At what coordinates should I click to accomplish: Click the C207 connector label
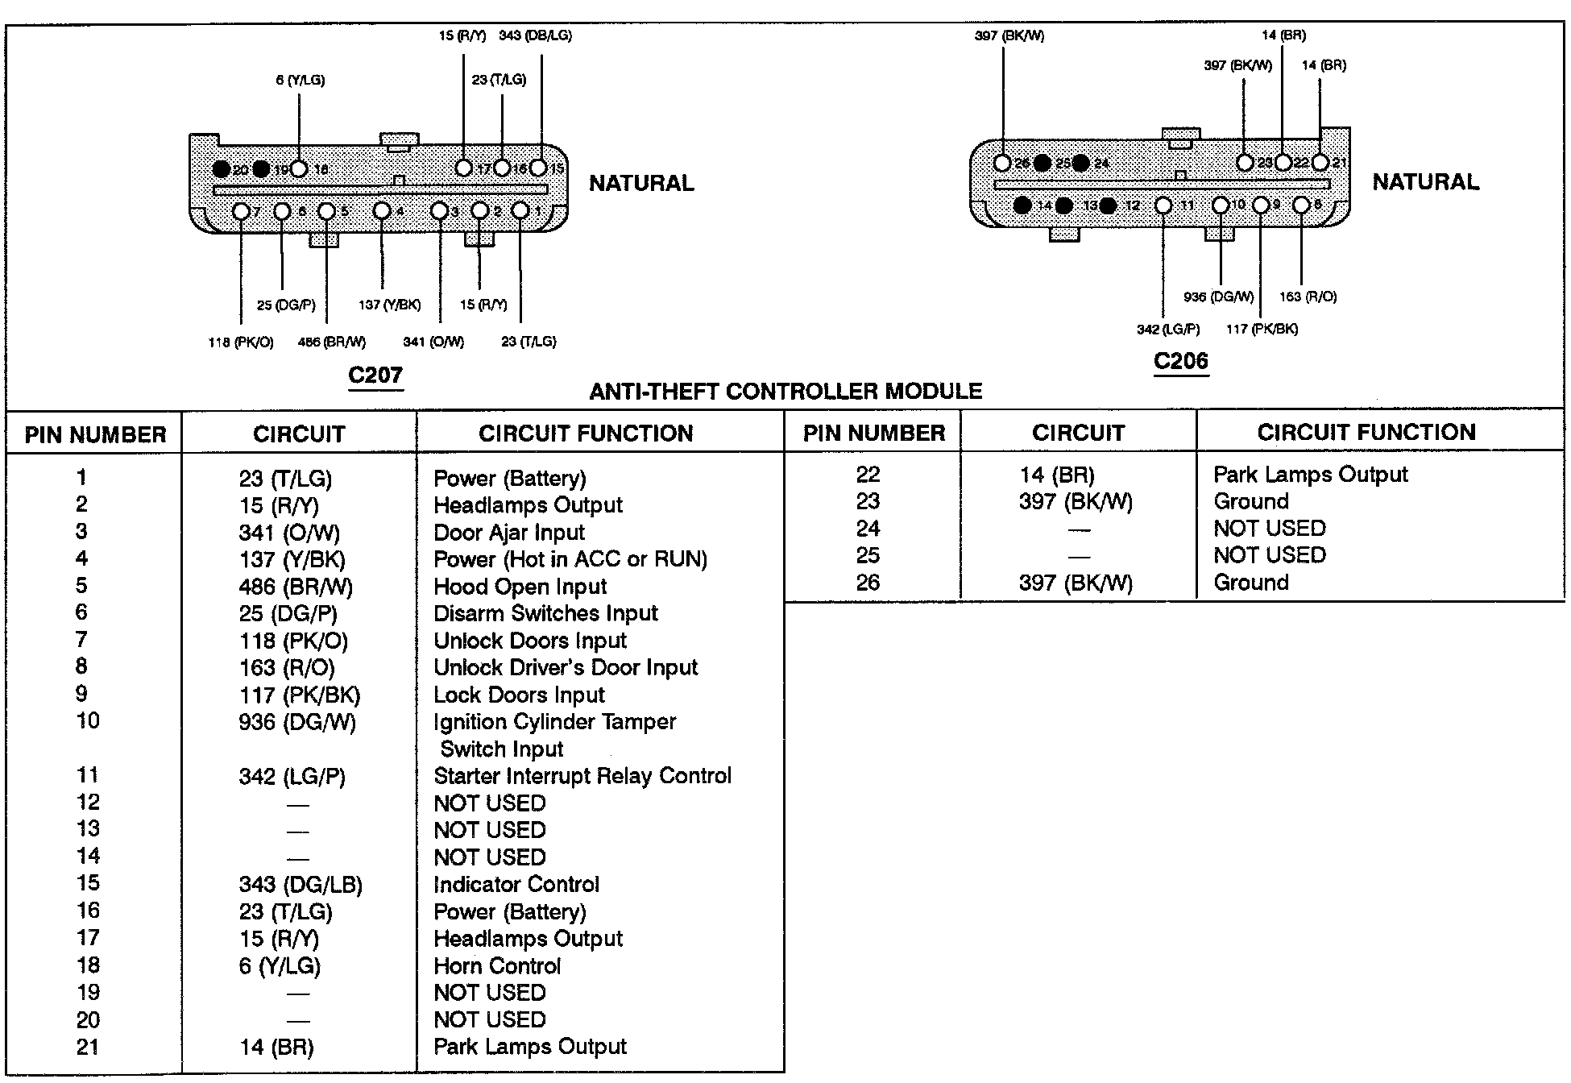click(375, 375)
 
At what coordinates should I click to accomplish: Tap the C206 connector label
click(1180, 360)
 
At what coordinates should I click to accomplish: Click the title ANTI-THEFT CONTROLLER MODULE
click(785, 392)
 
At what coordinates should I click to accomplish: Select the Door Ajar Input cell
click(508, 533)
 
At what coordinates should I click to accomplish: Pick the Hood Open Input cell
click(520, 587)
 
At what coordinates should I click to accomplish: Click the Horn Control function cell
click(496, 966)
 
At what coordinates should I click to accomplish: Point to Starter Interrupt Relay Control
click(582, 776)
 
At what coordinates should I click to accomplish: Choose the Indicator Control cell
click(516, 885)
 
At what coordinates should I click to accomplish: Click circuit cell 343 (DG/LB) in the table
click(300, 885)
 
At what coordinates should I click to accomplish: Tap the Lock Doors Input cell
click(519, 695)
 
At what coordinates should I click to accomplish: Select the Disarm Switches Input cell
click(545, 614)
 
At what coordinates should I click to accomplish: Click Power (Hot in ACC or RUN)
click(570, 559)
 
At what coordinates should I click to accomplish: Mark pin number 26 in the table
click(868, 583)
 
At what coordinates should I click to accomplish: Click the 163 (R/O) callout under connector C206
click(1308, 297)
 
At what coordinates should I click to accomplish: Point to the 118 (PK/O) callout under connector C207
click(240, 342)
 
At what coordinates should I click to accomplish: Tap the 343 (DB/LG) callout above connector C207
click(535, 35)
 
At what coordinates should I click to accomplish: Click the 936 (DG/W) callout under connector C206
click(1218, 297)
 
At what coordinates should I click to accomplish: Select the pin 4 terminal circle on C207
click(382, 211)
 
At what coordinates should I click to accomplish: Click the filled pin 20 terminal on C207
click(221, 169)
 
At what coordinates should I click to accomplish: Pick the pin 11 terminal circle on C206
click(1163, 205)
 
